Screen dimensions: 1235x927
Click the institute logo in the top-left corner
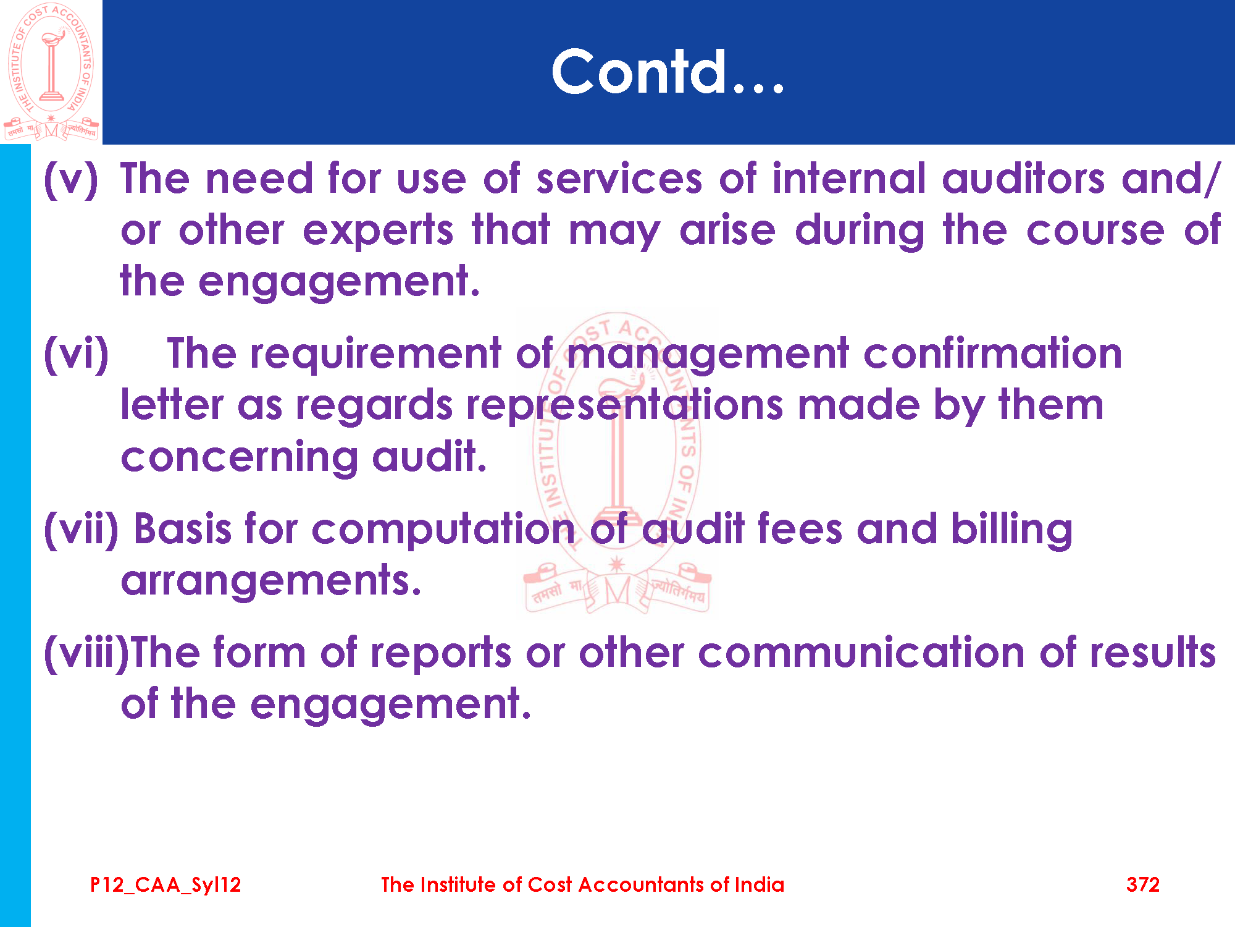pos(51,72)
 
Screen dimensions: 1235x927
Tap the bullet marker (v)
pos(70,180)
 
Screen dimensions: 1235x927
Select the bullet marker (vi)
pos(76,354)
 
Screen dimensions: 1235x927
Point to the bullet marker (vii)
pos(81,530)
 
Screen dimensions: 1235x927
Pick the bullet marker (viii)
pos(86,653)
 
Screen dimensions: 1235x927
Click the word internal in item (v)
pos(849,179)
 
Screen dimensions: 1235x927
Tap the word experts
pos(378,232)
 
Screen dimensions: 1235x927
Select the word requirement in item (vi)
pos(375,354)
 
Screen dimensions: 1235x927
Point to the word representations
pos(625,405)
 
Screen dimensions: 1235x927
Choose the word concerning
pos(240,458)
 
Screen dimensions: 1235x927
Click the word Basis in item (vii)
pos(183,529)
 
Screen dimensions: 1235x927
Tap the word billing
pos(1011,530)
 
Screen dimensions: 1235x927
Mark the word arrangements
pos(271,581)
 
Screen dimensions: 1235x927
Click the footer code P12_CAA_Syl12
pos(165,885)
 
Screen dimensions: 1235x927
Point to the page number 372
pos(1143,884)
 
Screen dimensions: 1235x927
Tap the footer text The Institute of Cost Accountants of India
pos(582,884)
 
